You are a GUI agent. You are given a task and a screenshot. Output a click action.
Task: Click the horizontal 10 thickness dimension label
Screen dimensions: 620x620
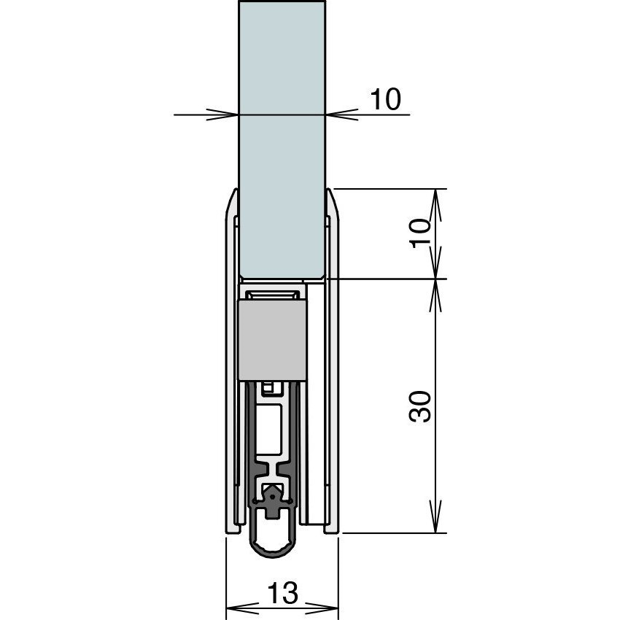tap(385, 99)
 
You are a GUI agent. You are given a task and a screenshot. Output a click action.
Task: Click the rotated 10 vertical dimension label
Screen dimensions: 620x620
tap(420, 233)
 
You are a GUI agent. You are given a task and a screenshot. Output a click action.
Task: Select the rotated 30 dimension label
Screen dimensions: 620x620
tap(420, 406)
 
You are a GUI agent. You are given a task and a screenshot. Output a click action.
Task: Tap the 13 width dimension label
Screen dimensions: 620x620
tap(282, 593)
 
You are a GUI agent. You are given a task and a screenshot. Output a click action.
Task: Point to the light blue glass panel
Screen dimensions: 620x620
tap(282, 139)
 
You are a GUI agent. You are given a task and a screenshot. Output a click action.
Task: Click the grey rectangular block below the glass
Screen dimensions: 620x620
tap(271, 340)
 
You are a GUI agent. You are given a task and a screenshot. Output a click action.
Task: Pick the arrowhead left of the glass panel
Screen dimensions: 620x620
tap(222, 115)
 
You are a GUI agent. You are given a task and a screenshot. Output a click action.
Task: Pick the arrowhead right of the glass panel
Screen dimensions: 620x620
tap(342, 115)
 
